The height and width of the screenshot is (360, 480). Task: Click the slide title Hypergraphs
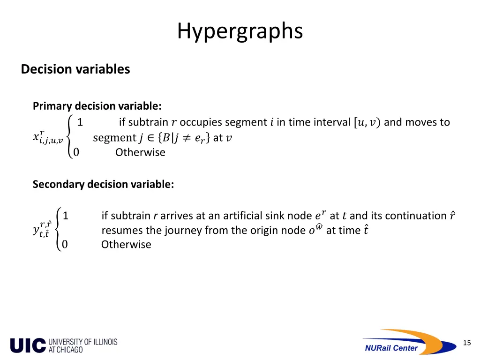point(240,31)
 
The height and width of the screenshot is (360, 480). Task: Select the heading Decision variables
point(75,69)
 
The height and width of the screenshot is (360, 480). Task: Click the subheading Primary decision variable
point(97,106)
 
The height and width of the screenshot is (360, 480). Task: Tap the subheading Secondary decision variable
point(103,184)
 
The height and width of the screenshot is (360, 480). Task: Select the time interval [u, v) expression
point(366,122)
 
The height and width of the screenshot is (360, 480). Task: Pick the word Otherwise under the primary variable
point(140,152)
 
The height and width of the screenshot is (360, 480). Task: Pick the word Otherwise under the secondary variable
point(126,244)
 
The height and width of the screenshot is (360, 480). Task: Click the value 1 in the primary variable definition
point(80,122)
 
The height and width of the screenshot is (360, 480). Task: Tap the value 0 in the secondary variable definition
point(65,244)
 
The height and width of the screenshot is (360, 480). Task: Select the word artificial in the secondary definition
point(243,216)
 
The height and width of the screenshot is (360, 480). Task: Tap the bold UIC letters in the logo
point(28,345)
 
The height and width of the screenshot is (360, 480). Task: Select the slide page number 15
point(466,343)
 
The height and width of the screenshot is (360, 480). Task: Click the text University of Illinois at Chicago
point(82,345)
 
